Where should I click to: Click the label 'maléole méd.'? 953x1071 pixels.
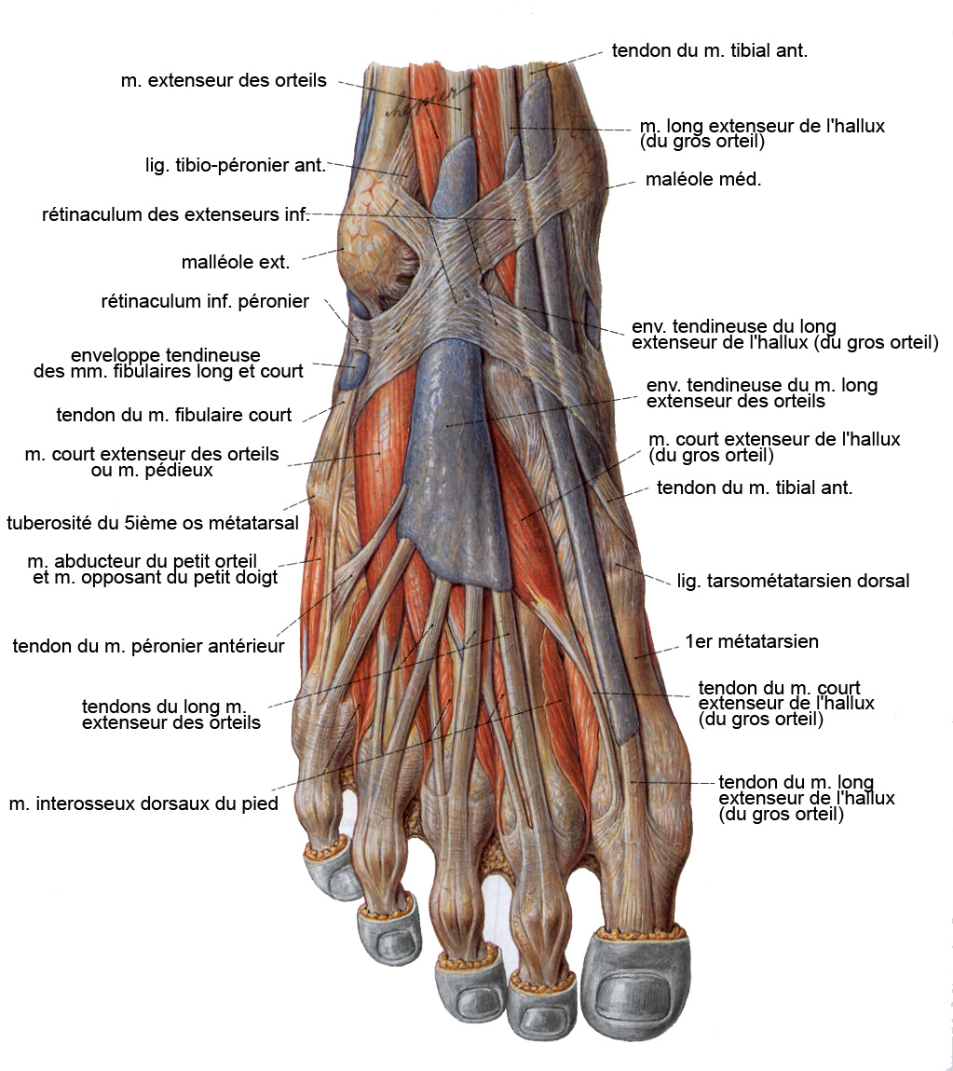(703, 180)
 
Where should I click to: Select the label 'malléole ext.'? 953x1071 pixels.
(236, 262)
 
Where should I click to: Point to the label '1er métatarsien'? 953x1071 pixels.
(752, 641)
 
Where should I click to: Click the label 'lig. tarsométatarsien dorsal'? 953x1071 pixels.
(794, 582)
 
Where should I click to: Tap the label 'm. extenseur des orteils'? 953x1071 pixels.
(224, 80)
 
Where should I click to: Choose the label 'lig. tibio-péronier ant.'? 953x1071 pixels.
(236, 165)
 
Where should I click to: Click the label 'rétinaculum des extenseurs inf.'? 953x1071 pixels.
(175, 215)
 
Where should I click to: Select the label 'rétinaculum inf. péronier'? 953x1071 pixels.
(205, 301)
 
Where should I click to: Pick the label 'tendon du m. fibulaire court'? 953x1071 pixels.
(173, 416)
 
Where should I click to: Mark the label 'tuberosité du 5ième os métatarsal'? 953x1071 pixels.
(153, 523)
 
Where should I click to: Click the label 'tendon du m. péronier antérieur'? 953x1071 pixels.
(148, 646)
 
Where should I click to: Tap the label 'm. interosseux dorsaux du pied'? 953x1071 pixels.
(143, 803)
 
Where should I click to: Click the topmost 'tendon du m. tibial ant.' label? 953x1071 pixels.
(709, 50)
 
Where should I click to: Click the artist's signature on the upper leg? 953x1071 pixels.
(427, 101)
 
